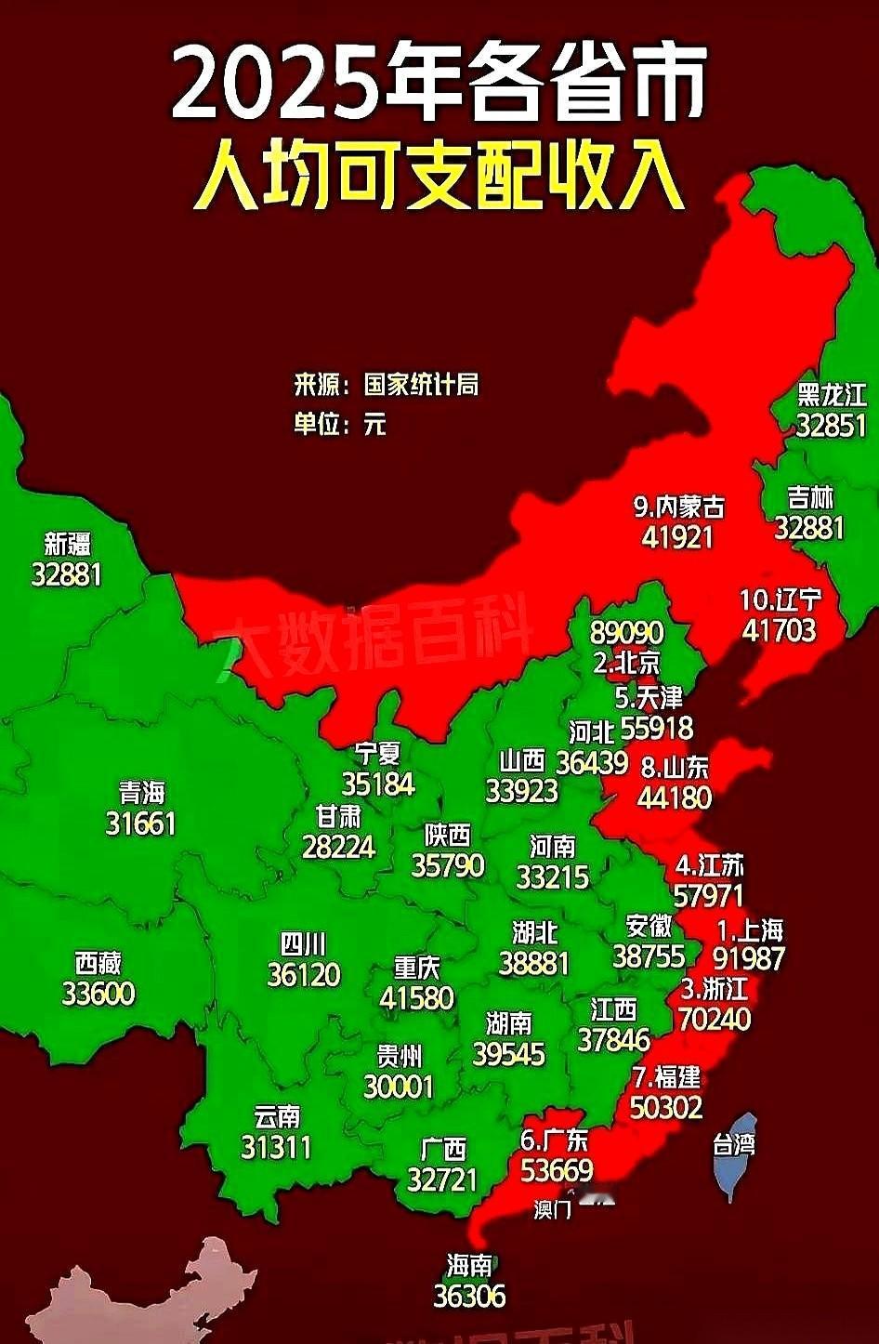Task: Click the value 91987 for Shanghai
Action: pos(749,958)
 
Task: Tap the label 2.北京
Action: pos(626,663)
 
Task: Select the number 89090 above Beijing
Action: pos(626,633)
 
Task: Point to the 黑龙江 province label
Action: pos(832,395)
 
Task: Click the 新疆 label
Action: pos(68,544)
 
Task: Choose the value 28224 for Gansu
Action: pos(338,847)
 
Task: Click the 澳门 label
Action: pos(553,1210)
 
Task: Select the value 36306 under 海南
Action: pos(470,1296)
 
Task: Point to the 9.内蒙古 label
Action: pos(678,507)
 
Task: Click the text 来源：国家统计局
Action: pos(387,385)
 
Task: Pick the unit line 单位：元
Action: pos(340,425)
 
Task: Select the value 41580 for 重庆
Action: pos(416,998)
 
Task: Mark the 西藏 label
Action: pos(98,962)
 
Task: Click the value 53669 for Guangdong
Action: pos(557,1171)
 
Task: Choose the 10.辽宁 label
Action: pos(781,600)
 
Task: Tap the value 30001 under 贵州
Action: pos(399,1086)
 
